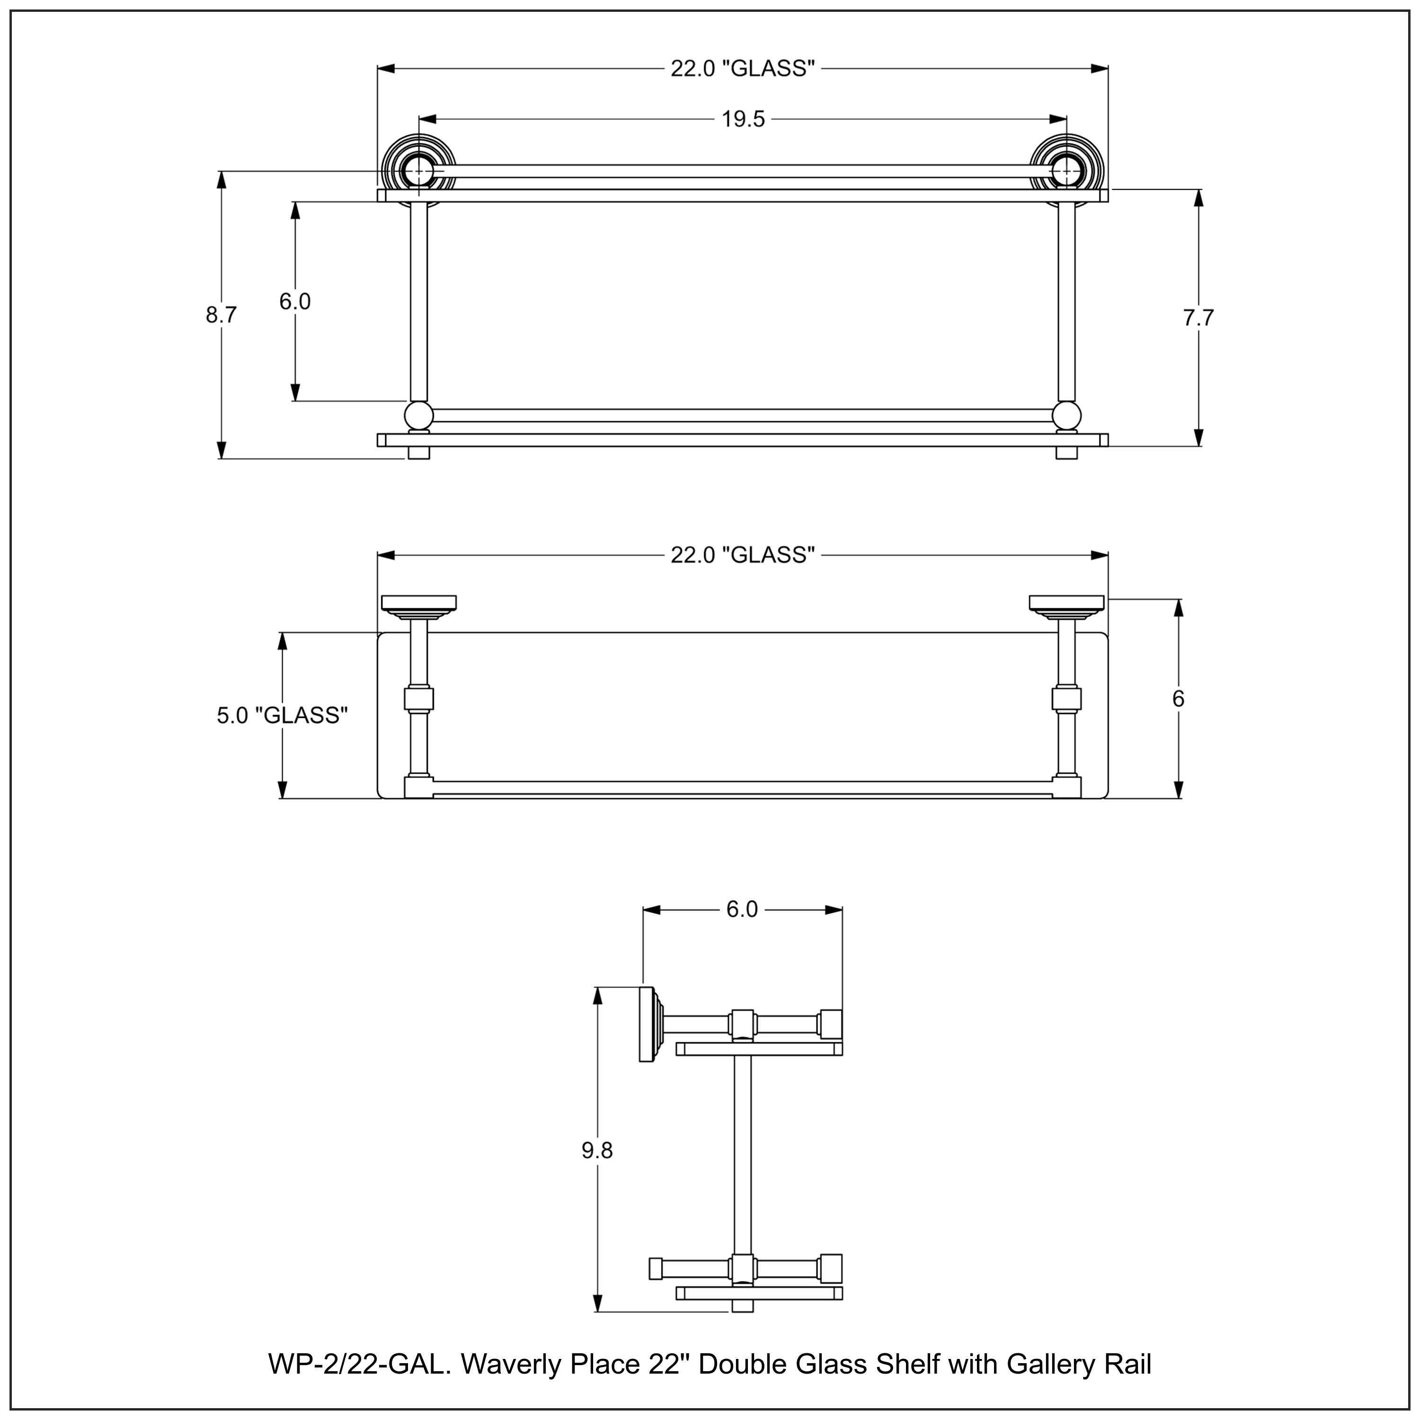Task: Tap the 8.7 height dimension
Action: click(221, 315)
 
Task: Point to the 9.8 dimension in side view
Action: click(597, 1150)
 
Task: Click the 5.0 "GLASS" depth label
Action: click(282, 715)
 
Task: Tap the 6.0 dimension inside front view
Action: click(295, 302)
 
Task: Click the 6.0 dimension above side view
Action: click(742, 910)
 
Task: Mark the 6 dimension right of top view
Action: click(1178, 699)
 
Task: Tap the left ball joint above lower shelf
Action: click(419, 415)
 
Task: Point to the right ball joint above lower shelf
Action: click(1066, 415)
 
